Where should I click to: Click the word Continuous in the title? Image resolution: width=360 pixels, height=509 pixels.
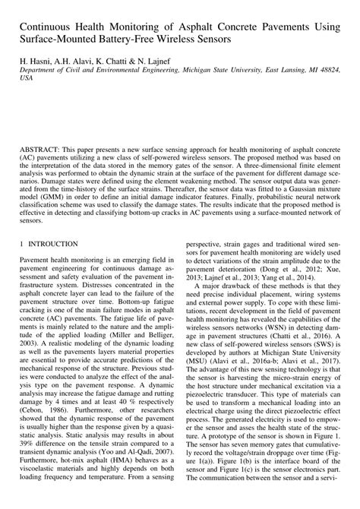pyautogui.click(x=49, y=15)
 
